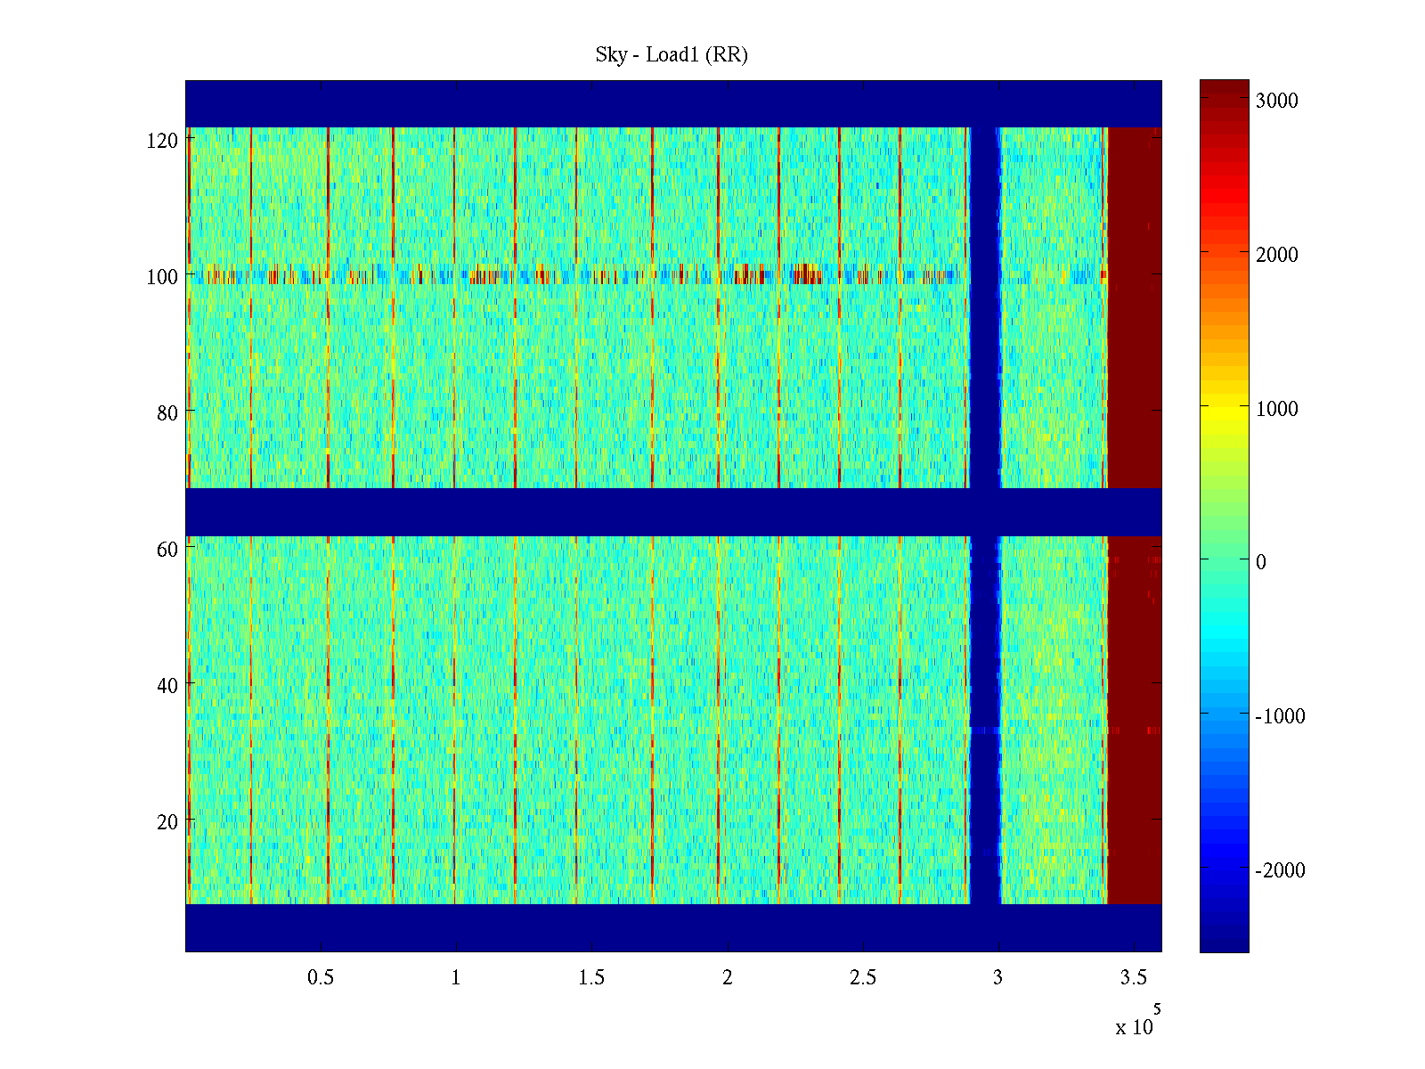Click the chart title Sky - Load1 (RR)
point(672,55)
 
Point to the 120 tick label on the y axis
point(162,141)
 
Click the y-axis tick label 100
point(162,277)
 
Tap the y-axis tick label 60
point(167,550)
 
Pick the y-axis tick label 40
point(167,686)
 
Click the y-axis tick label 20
point(167,822)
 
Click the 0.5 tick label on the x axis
point(321,978)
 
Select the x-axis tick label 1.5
point(591,978)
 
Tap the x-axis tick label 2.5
point(863,978)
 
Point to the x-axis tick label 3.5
point(1133,978)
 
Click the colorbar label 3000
point(1277,101)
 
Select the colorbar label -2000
point(1280,870)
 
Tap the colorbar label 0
point(1260,562)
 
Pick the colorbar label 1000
point(1277,409)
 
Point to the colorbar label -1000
point(1280,716)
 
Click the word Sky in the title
point(611,55)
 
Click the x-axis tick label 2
point(728,978)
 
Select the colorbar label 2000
point(1277,255)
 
